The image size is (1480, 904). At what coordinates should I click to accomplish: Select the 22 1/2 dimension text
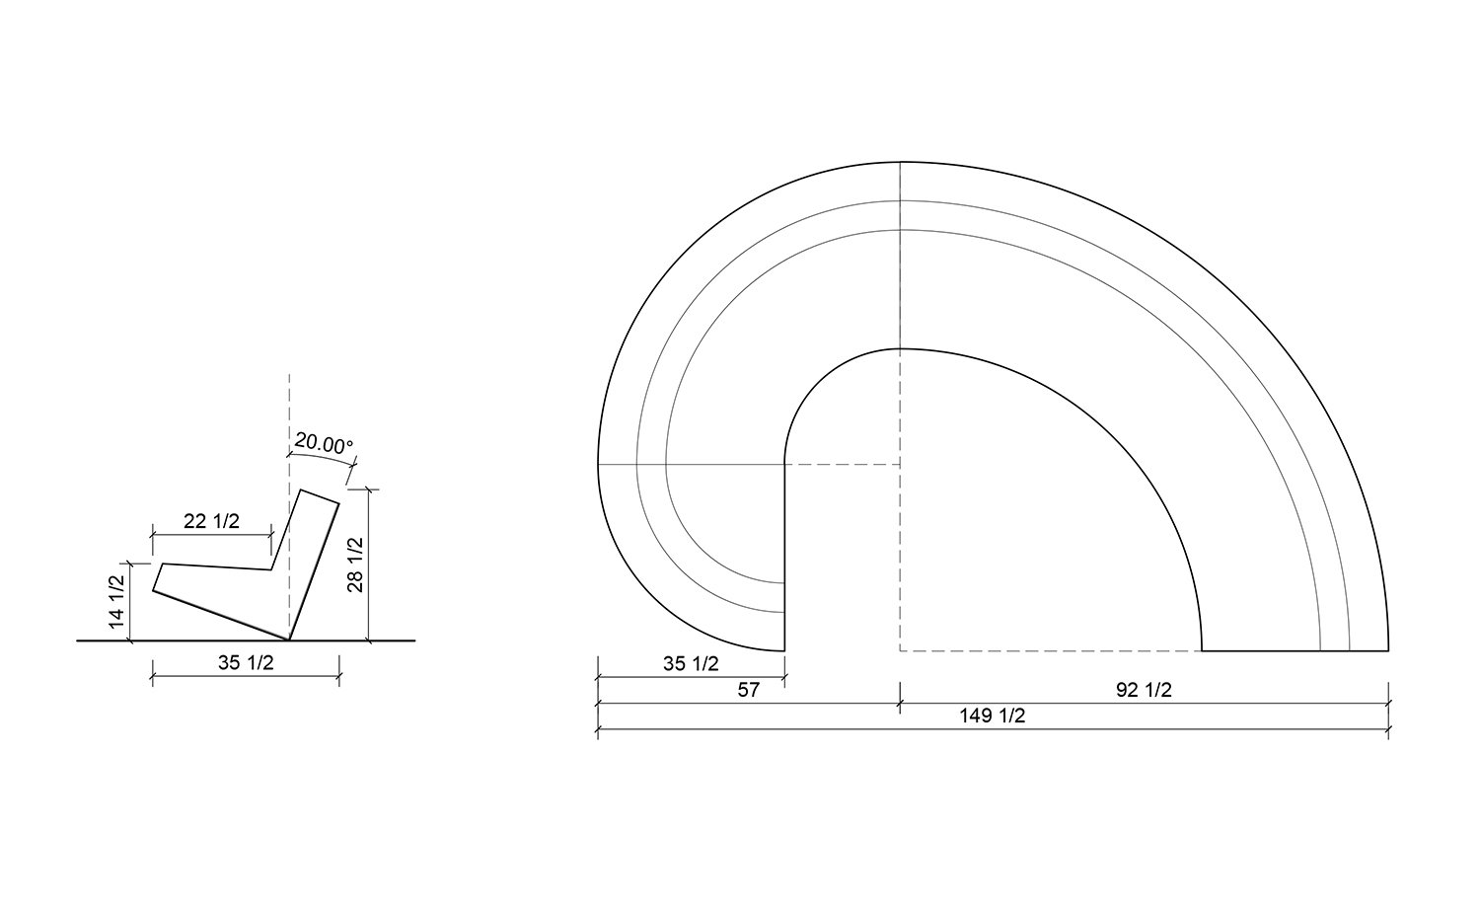pyautogui.click(x=211, y=521)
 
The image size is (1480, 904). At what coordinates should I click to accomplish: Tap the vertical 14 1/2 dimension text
pyautogui.click(x=117, y=603)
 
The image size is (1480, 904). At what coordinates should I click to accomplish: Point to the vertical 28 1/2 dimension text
pyautogui.click(x=355, y=565)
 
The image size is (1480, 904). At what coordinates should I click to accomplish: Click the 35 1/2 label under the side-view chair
pyautogui.click(x=246, y=663)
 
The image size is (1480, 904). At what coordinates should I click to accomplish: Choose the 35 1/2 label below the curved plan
pyautogui.click(x=691, y=663)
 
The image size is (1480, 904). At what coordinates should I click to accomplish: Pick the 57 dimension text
pyautogui.click(x=749, y=690)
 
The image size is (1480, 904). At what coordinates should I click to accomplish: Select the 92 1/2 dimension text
pyautogui.click(x=1144, y=690)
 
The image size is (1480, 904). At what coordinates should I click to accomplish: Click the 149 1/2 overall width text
pyautogui.click(x=993, y=716)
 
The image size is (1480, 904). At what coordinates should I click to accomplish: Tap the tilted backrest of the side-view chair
pyautogui.click(x=314, y=563)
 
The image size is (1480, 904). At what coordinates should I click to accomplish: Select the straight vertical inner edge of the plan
pyautogui.click(x=784, y=553)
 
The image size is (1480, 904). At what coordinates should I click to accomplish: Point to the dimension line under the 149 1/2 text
pyautogui.click(x=993, y=729)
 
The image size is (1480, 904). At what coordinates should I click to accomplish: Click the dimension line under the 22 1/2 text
pyautogui.click(x=211, y=534)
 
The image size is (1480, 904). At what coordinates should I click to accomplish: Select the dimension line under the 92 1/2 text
pyautogui.click(x=1144, y=703)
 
